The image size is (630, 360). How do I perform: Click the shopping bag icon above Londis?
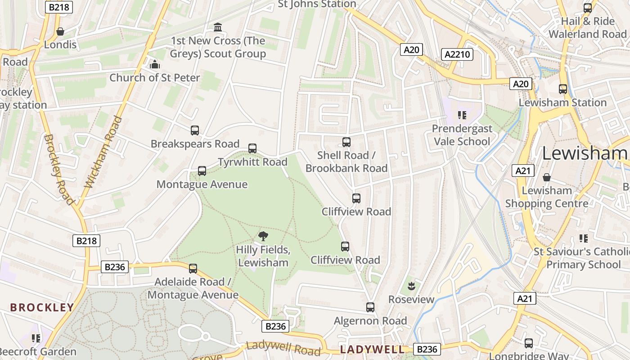pyautogui.click(x=60, y=31)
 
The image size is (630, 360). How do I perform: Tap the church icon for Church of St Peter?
pyautogui.click(x=155, y=64)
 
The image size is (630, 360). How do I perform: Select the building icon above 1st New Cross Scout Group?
pyautogui.click(x=218, y=27)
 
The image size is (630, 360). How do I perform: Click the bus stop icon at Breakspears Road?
pyautogui.click(x=195, y=130)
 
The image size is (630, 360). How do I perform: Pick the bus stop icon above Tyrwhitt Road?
pyautogui.click(x=252, y=148)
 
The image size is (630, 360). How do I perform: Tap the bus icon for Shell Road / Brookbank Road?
pyautogui.click(x=346, y=142)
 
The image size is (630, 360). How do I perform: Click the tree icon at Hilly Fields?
pyautogui.click(x=263, y=236)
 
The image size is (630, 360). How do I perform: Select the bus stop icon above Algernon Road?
pyautogui.click(x=370, y=307)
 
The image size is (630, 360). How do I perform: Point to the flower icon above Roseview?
pyautogui.click(x=411, y=286)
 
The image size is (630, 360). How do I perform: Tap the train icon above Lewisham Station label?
pyautogui.click(x=563, y=89)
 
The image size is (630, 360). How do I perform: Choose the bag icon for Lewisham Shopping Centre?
pyautogui.click(x=547, y=177)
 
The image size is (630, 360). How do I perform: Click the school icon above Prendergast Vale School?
pyautogui.click(x=462, y=115)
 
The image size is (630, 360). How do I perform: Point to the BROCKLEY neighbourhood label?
pyautogui.click(x=42, y=308)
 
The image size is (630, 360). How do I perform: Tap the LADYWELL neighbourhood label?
pyautogui.click(x=372, y=350)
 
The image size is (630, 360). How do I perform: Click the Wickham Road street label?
pyautogui.click(x=103, y=152)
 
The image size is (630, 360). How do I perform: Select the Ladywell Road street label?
pyautogui.click(x=283, y=348)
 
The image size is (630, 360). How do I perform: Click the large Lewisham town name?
pyautogui.click(x=585, y=153)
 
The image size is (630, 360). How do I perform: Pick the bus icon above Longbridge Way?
pyautogui.click(x=529, y=343)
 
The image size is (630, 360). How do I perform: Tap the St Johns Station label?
pyautogui.click(x=317, y=4)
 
